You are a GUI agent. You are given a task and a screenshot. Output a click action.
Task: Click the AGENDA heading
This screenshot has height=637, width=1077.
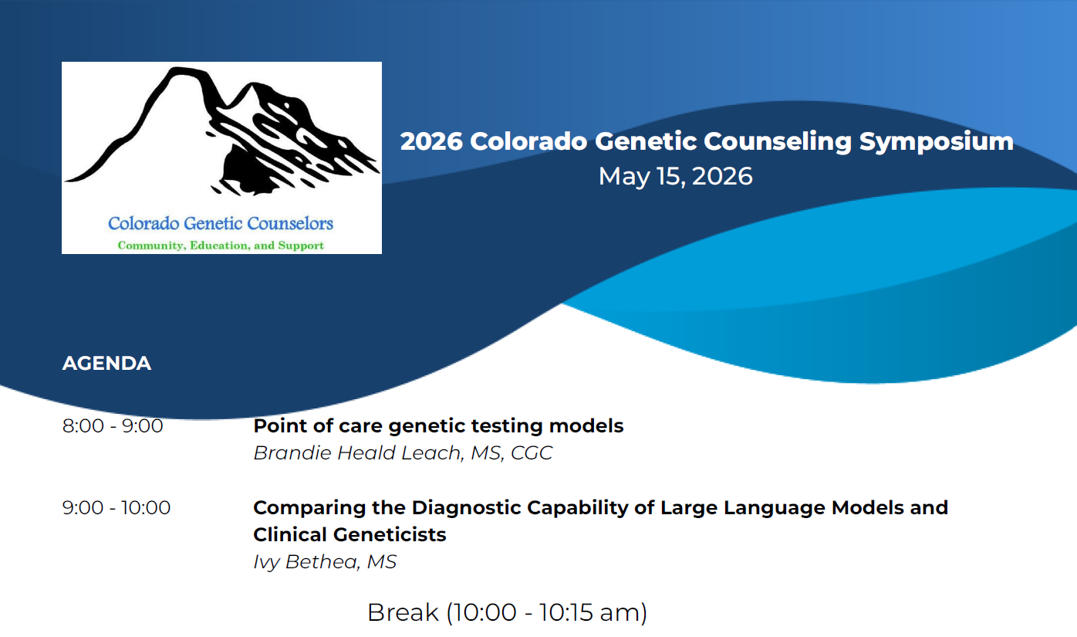[106, 363]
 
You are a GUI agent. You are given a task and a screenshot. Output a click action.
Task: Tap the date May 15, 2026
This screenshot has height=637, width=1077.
[676, 176]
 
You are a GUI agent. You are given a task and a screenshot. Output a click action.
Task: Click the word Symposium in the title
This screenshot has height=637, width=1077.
[937, 142]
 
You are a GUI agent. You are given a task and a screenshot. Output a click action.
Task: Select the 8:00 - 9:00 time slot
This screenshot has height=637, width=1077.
[113, 425]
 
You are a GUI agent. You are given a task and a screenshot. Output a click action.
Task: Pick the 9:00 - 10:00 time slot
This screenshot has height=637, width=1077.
[116, 507]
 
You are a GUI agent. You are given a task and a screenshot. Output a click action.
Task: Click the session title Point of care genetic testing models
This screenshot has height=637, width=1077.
[438, 426]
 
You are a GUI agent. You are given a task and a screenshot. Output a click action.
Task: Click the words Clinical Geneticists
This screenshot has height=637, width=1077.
[350, 534]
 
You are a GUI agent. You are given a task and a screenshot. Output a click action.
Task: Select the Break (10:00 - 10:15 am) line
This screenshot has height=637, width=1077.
[507, 612]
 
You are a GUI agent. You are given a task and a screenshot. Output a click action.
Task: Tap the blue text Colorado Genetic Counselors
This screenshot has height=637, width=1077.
[221, 223]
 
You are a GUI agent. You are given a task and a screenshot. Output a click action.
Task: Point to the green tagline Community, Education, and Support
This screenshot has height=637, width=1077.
[221, 246]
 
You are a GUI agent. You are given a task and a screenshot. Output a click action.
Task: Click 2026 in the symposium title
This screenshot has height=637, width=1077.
[431, 141]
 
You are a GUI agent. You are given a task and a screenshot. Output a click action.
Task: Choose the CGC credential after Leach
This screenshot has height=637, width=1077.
[532, 452]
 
